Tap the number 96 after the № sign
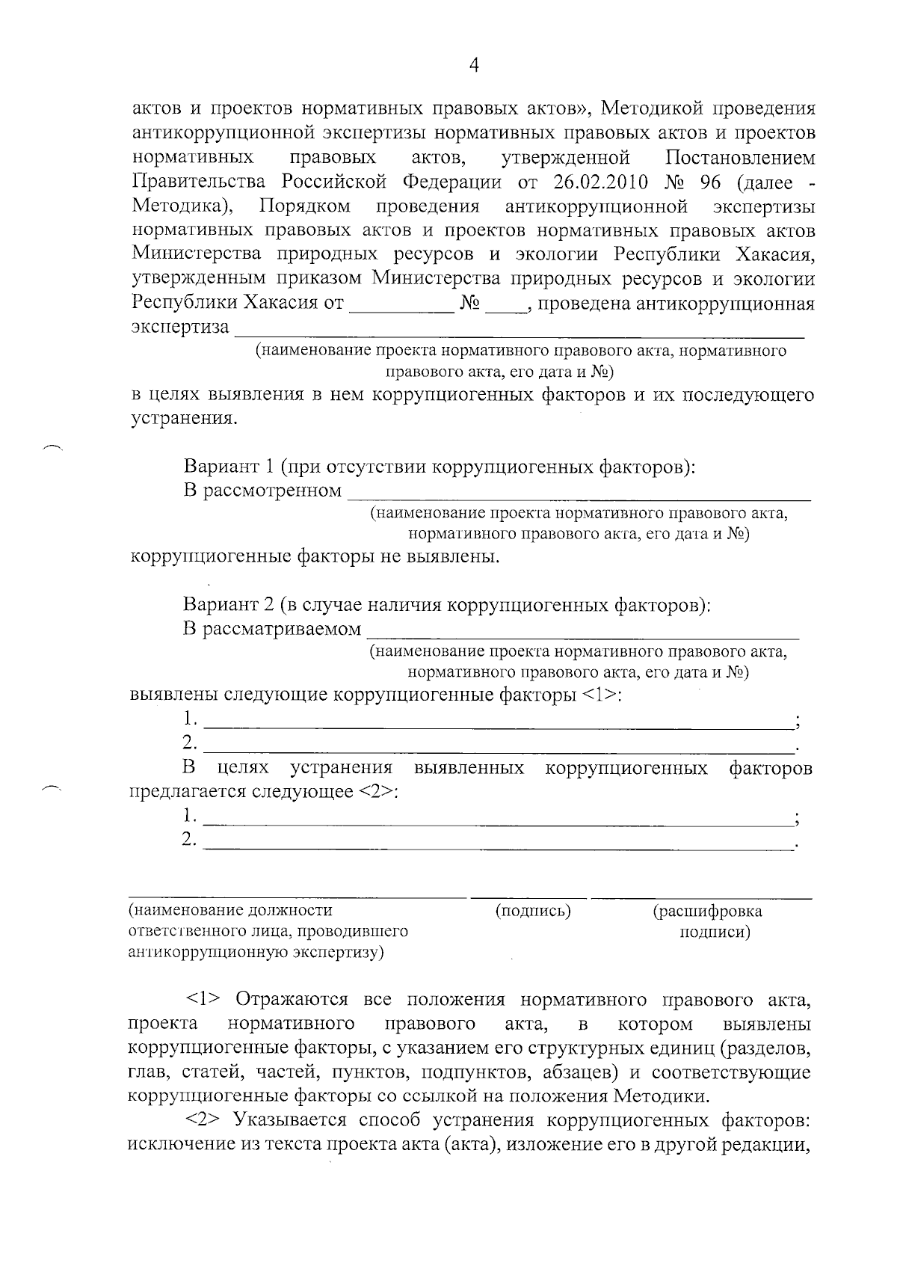click(x=709, y=182)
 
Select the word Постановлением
click(x=739, y=158)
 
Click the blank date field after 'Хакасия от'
click(x=402, y=304)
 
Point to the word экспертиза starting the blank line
click(x=180, y=328)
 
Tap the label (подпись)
click(x=533, y=911)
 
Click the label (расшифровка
click(x=707, y=911)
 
